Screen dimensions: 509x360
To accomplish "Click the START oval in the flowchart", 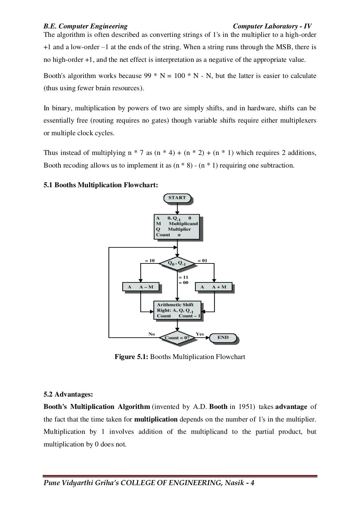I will (177, 198).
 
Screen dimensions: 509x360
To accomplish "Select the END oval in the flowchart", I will (223, 338).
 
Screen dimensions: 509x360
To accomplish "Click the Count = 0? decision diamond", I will (177, 338).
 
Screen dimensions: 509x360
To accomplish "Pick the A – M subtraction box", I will (141, 287).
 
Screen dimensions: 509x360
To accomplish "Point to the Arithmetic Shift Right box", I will (178, 310).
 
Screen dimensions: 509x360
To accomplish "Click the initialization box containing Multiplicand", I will (177, 227).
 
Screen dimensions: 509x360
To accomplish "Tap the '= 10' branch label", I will (150, 261).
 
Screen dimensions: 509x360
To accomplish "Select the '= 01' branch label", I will (202, 261).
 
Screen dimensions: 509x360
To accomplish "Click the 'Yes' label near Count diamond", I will (199, 334).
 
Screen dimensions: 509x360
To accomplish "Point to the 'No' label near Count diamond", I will (152, 334).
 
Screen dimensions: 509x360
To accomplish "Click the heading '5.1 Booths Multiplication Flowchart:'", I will (101, 185).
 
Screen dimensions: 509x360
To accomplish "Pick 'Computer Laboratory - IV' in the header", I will (272, 26).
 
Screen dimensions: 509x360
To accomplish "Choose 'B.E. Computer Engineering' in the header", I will (85, 26).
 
